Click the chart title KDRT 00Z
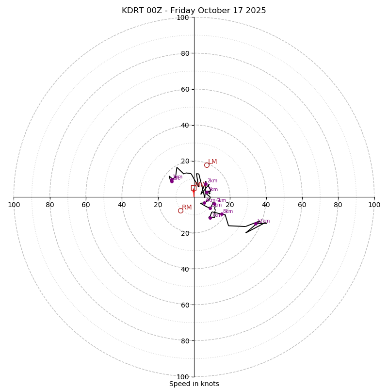pos(194,11)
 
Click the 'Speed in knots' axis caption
pos(194,384)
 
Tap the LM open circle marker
pos(207,165)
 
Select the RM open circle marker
pos(180,210)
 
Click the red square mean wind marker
pos(194,188)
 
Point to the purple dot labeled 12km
pos(256,224)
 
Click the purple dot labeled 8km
pos(222,214)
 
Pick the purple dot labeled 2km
pos(206,183)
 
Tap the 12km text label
pos(263,221)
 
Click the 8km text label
pos(228,211)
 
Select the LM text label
pos(212,162)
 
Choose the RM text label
pos(187,208)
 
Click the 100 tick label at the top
pos(183,18)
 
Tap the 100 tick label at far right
pos(374,205)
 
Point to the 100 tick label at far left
pos(14,205)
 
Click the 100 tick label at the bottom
pos(183,377)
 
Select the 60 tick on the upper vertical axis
pos(185,89)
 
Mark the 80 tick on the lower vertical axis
pos(185,341)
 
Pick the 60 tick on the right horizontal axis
pos(302,205)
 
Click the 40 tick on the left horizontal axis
pos(122,205)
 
